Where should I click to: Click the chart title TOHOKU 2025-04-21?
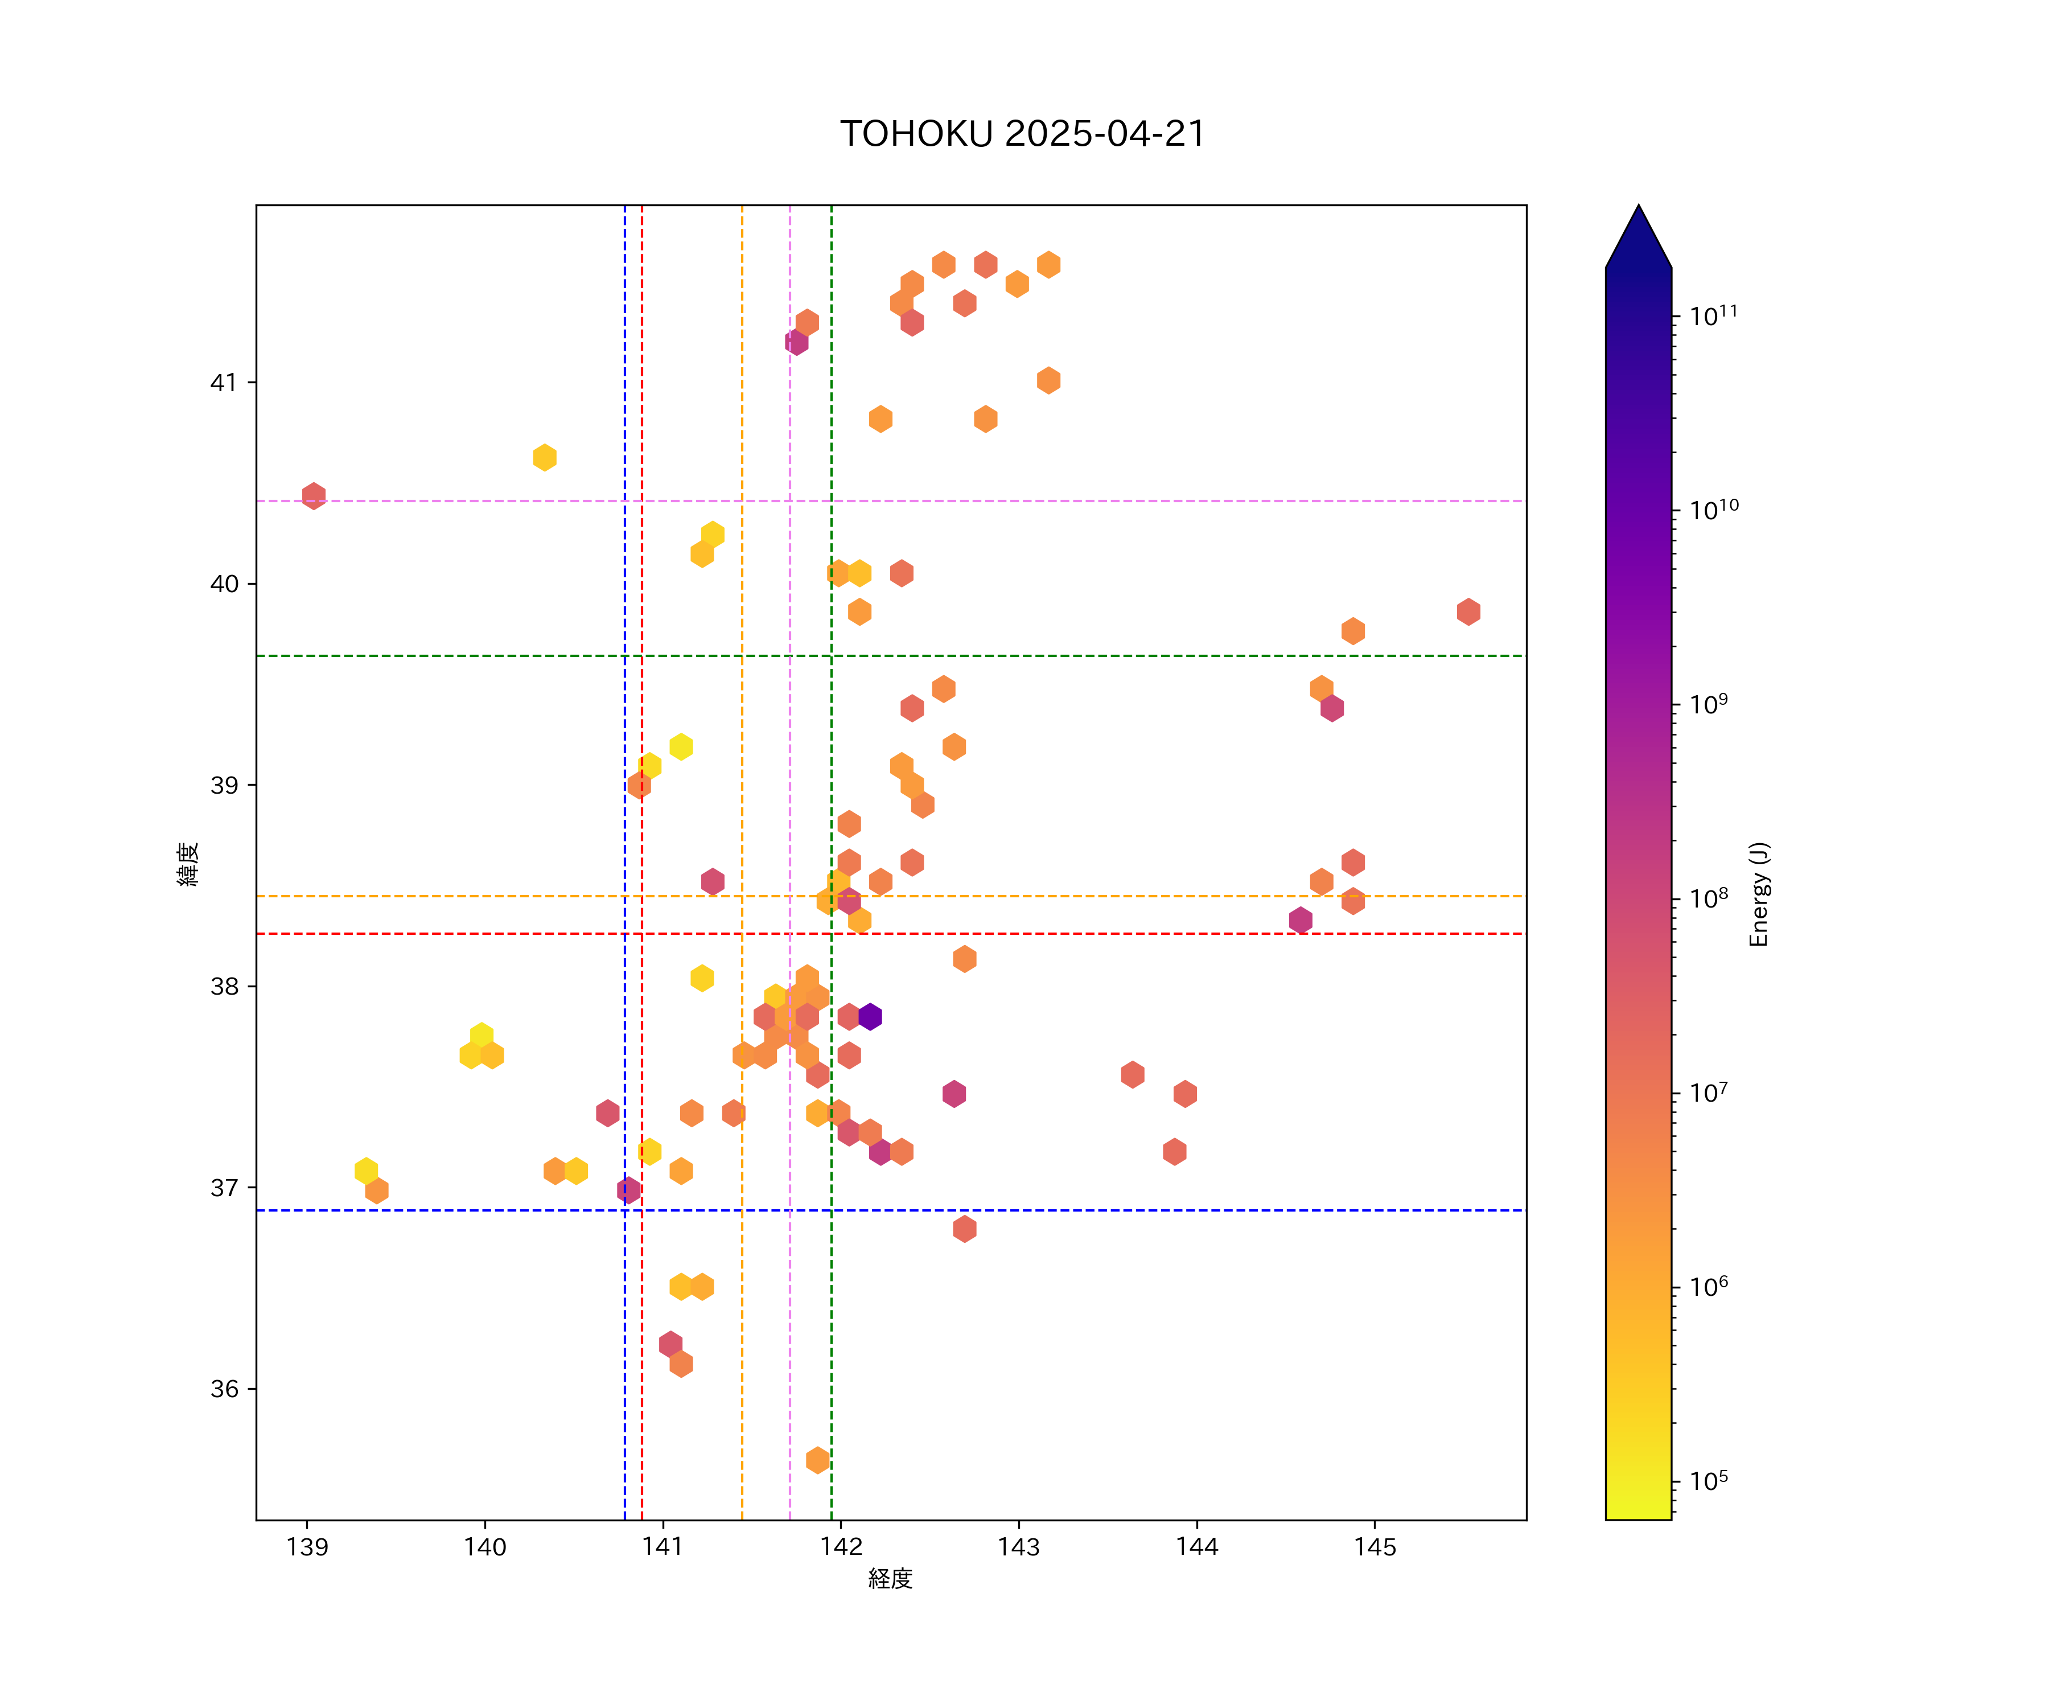pos(1023,134)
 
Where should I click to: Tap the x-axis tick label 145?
pos(1375,1547)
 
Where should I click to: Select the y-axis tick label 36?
pos(224,1389)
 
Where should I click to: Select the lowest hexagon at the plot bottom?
pos(818,1460)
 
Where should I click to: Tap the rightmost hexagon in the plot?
pos(1468,612)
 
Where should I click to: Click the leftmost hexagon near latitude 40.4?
pos(313,496)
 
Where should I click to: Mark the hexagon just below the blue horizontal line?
pos(964,1229)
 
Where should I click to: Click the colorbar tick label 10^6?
pos(1709,1286)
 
